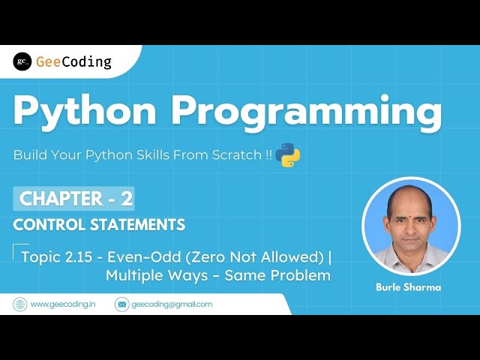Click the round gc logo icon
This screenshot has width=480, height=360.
22,61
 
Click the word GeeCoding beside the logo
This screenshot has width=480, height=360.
73,61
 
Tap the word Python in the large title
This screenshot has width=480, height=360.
84,112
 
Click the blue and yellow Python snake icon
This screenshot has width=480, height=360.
288,155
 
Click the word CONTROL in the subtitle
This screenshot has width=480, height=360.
49,224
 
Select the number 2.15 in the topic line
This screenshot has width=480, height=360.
75,257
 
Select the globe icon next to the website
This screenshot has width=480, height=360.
19,304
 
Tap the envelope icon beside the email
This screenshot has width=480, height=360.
121,304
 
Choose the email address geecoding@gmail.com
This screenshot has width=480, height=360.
172,304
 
